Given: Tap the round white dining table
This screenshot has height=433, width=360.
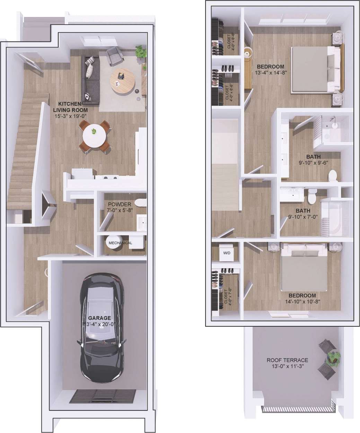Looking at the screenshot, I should click(x=94, y=135).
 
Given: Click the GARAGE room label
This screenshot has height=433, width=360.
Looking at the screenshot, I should click(x=99, y=318).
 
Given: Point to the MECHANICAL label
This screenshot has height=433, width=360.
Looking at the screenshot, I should click(x=120, y=243).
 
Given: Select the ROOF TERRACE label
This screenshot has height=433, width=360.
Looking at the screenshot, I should click(x=287, y=360).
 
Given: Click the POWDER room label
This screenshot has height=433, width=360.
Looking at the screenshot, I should click(x=120, y=204).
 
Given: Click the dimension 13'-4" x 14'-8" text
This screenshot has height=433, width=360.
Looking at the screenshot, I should click(x=271, y=73).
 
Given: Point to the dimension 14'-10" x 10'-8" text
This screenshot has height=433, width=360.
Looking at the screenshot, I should click(x=302, y=301).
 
